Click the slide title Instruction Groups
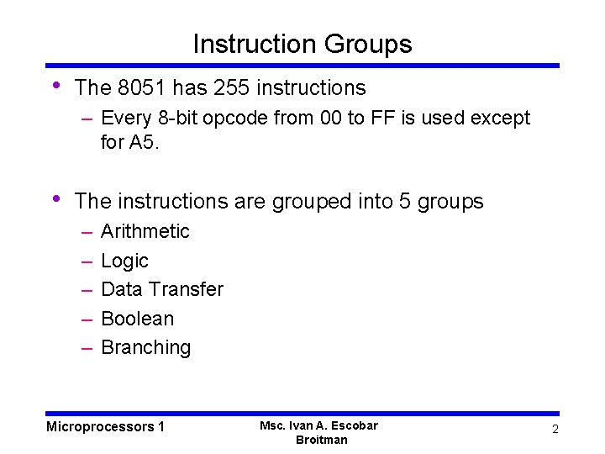point(302,44)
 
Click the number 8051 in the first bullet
point(137,87)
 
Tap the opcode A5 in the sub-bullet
point(142,143)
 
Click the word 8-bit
point(180,118)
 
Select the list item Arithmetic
point(145,231)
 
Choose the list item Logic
point(124,261)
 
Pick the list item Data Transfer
point(161,289)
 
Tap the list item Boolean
point(137,319)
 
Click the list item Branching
point(145,347)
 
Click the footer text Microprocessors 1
point(105,426)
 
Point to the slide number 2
point(555,430)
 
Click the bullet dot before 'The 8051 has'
point(55,85)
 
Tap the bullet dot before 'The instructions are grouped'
point(55,198)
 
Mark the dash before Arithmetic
point(87,231)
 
